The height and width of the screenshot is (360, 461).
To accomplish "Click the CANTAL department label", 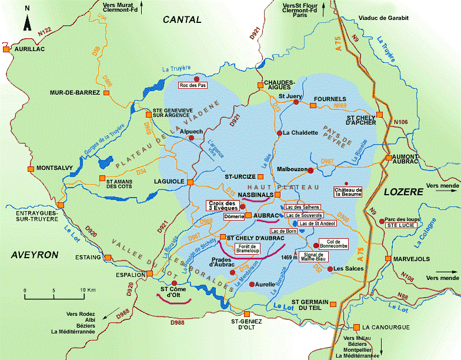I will click(182, 19).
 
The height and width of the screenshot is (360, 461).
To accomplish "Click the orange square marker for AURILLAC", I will click(6, 50).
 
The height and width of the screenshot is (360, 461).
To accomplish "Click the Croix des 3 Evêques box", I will click(222, 205).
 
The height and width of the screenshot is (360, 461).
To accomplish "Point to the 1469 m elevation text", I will click(289, 256).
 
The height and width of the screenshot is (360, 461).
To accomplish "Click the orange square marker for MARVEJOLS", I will click(386, 258).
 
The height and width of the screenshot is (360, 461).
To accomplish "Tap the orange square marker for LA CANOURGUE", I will click(356, 327).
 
